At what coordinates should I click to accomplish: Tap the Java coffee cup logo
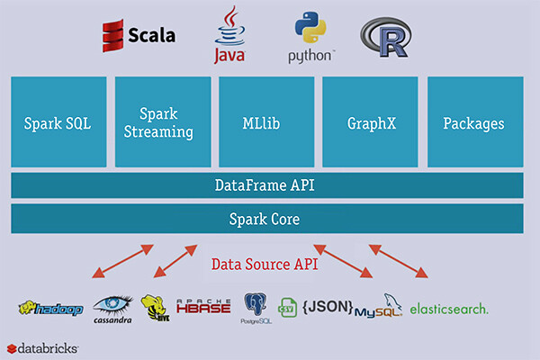pos(229,36)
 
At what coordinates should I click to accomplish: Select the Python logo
pos(311,37)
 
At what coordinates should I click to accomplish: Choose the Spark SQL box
pos(58,122)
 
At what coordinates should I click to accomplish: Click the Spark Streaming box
pos(163,122)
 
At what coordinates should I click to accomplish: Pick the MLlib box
pos(267,122)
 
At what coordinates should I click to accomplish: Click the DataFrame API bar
pos(267,186)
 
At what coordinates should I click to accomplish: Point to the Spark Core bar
pos(267,219)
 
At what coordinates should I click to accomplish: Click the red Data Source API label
pos(266,264)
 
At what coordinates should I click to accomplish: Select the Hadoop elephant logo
pos(50,310)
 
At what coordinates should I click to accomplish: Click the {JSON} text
pos(326,308)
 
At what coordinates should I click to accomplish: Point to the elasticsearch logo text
pos(449,309)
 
